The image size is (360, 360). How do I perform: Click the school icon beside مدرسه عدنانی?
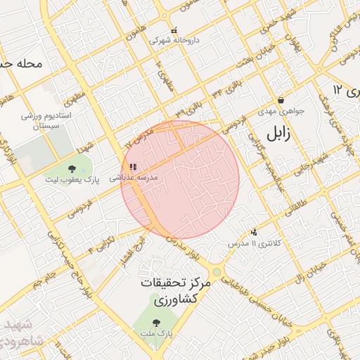pos(133,167)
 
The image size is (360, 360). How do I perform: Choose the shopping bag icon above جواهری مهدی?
pos(281,101)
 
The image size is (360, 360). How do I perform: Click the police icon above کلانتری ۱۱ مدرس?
pos(254,232)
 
